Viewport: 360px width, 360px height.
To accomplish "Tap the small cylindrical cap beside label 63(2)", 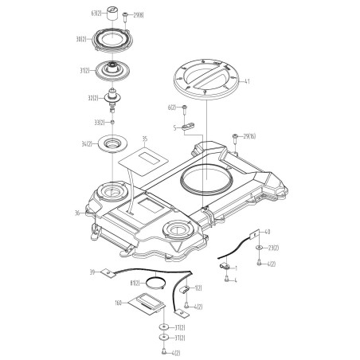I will (x=114, y=13).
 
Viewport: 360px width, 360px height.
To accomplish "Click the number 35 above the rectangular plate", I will (x=145, y=139).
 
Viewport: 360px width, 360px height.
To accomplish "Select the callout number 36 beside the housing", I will (x=77, y=213).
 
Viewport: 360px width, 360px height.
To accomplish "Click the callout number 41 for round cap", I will (x=247, y=81).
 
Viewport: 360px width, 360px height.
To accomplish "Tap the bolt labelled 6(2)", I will (x=185, y=108).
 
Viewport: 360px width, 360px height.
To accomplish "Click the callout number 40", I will (x=268, y=233).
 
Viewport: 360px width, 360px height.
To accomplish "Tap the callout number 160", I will (x=118, y=303).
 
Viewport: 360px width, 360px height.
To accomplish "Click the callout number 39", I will (x=93, y=273).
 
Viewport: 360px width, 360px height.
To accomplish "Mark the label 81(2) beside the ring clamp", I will (x=135, y=283).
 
